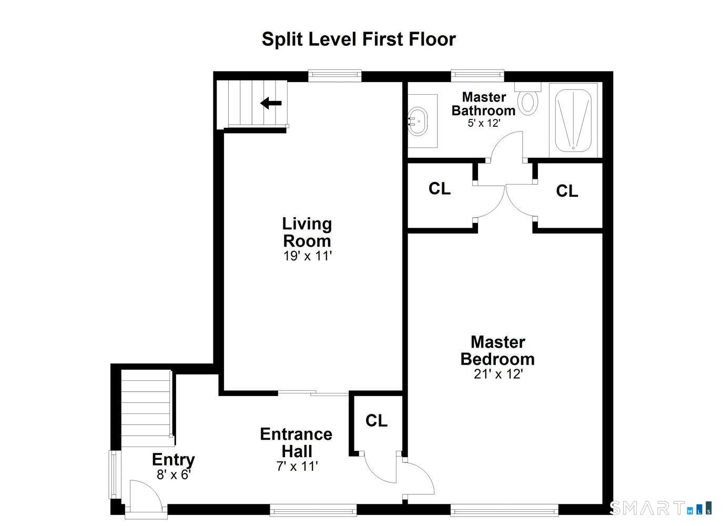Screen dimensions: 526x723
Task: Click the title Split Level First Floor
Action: [x=359, y=39]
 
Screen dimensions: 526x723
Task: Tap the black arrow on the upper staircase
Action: [x=271, y=103]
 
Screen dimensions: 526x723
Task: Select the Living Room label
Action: [x=307, y=232]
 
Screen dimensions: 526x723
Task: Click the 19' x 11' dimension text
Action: [x=308, y=256]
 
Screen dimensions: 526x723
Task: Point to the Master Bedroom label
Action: [x=497, y=350]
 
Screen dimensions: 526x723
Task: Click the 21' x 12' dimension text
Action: [x=497, y=374]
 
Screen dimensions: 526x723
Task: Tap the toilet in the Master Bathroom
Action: [x=527, y=101]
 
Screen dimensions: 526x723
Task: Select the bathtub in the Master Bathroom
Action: [x=573, y=120]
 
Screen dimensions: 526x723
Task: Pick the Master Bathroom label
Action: [x=483, y=104]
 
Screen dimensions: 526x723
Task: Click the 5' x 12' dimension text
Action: [x=483, y=123]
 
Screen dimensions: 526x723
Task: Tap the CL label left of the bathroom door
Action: [x=440, y=189]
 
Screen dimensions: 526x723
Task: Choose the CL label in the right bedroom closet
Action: [x=567, y=191]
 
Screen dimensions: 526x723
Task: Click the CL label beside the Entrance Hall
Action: [x=376, y=421]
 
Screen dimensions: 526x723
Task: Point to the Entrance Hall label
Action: [x=296, y=442]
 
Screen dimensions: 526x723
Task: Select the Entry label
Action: [x=173, y=459]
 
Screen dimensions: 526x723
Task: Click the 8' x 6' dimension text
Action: [x=174, y=474]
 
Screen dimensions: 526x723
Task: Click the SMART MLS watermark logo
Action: [x=660, y=508]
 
